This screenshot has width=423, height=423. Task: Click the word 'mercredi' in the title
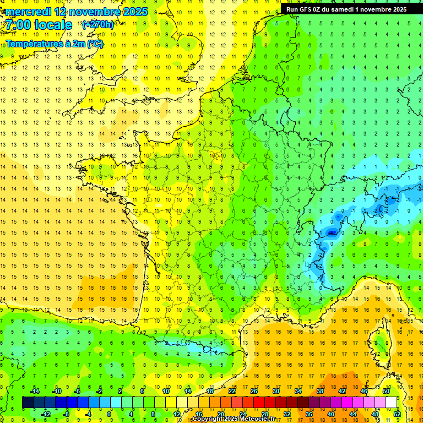tap(28, 12)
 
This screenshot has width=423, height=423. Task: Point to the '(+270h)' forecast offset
tap(97, 24)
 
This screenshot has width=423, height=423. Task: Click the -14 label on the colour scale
tap(34, 391)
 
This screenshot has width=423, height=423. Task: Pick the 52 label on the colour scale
tap(397, 414)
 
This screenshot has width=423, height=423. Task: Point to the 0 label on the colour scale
tap(109, 414)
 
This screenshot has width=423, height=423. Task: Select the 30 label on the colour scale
tap(275, 391)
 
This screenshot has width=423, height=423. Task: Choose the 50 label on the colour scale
tap(386, 391)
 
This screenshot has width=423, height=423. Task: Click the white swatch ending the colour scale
tap(392, 403)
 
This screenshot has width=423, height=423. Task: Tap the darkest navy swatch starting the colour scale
tap(28, 403)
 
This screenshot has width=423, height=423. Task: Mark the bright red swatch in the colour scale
tap(259, 403)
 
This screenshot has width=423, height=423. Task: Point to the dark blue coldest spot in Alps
tap(332, 232)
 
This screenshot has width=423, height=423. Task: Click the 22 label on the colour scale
tap(232, 391)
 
